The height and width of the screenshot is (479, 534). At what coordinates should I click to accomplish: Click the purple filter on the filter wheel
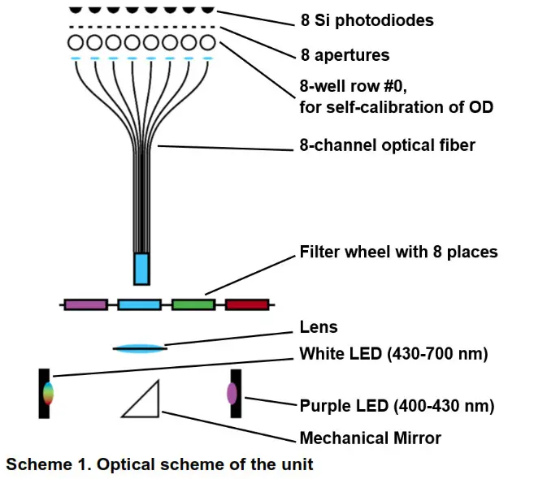click(x=86, y=304)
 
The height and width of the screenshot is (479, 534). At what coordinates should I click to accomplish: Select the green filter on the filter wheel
click(x=193, y=304)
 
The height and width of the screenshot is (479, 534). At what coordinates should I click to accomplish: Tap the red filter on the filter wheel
click(x=247, y=304)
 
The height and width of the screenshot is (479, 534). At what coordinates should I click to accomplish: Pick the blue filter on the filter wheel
click(x=139, y=304)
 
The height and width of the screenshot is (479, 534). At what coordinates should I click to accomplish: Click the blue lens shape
click(x=140, y=348)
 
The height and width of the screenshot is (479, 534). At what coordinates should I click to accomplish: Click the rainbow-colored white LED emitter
click(x=48, y=393)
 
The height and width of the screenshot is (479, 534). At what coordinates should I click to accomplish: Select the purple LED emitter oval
click(x=232, y=394)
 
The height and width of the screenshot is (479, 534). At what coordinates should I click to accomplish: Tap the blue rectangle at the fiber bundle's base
click(x=141, y=269)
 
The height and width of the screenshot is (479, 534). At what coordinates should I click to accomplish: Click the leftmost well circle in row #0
click(x=76, y=43)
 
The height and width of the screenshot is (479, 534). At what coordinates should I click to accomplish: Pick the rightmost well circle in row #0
click(x=207, y=43)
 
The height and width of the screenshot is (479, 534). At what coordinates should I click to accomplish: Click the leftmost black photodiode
click(x=76, y=10)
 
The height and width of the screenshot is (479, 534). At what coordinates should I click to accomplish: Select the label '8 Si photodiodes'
click(x=367, y=20)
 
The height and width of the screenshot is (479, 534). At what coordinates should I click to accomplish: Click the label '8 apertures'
click(x=345, y=55)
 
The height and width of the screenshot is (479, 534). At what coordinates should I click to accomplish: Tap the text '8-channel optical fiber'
click(x=387, y=145)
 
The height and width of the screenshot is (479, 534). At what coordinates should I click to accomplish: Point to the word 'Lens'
click(x=319, y=327)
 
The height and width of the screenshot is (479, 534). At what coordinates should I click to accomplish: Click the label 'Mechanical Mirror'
click(x=370, y=438)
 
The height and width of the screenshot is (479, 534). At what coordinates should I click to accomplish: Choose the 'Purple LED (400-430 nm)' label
click(x=397, y=406)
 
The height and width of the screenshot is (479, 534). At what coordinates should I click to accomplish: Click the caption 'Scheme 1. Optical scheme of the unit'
click(x=159, y=464)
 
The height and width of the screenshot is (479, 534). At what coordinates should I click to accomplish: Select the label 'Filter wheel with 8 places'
click(x=398, y=252)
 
